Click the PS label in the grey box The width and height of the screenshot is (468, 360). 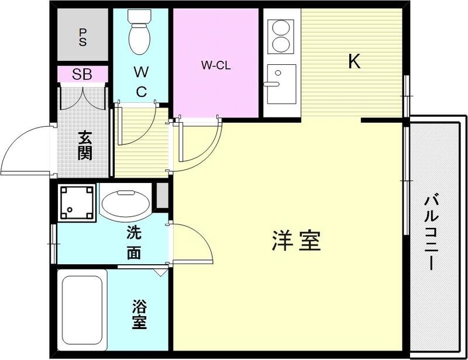[82, 37]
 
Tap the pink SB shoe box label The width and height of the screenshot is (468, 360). [82, 75]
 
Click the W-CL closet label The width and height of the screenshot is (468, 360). [216, 65]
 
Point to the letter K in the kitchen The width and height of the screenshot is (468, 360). [354, 61]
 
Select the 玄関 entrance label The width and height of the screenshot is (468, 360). [85, 146]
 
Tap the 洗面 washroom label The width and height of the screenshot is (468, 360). [134, 243]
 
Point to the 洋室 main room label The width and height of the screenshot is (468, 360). [296, 241]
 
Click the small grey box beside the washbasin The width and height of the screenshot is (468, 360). [161, 196]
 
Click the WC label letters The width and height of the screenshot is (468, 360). [140, 82]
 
